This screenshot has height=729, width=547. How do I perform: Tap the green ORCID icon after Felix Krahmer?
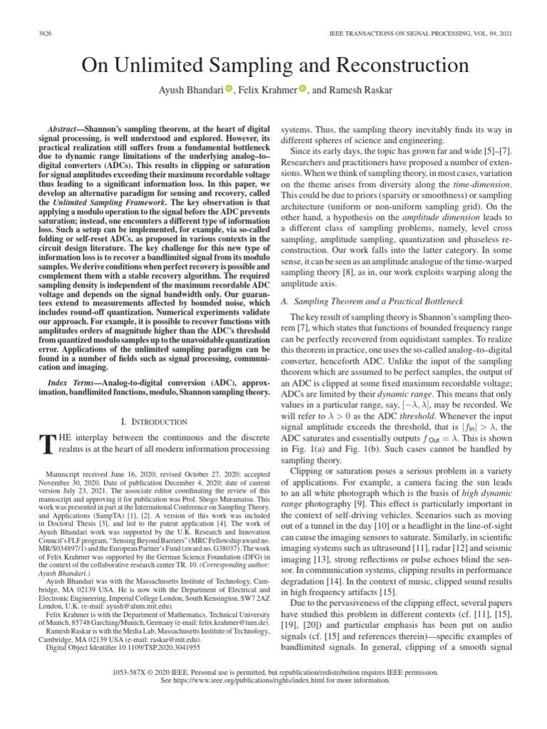(303, 89)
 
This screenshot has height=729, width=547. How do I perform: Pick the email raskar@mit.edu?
(187, 640)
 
